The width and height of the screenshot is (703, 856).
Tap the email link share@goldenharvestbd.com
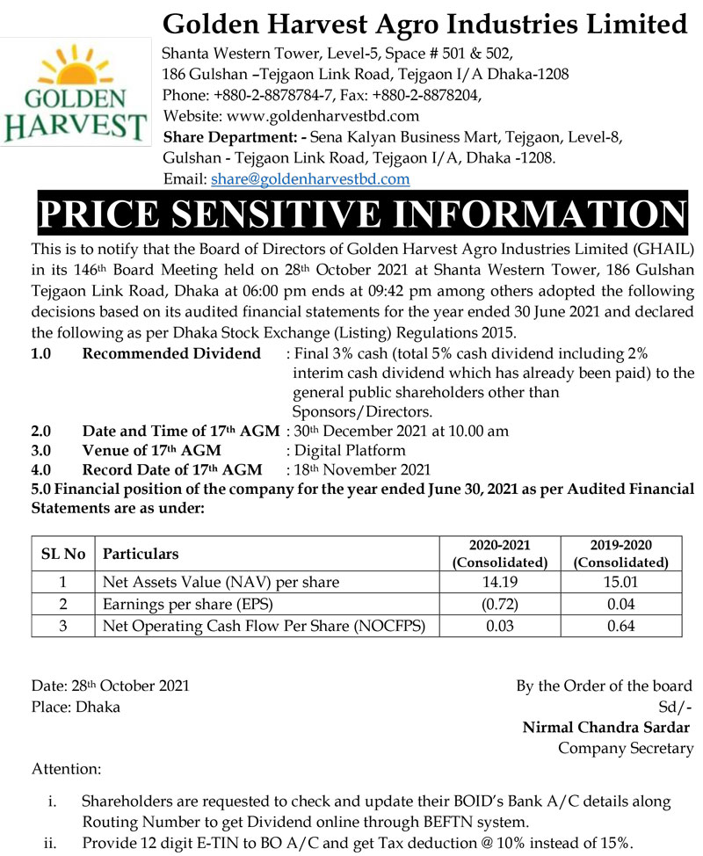pos(310,179)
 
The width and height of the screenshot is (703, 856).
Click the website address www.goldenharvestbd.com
pos(323,115)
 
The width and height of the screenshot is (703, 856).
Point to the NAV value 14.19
pos(499,582)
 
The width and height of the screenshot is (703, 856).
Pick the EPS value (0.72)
pos(499,604)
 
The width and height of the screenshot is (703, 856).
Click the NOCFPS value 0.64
pos(620,626)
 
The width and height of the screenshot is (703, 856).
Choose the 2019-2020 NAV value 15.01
pos(620,582)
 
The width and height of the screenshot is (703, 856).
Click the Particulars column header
pos(141,554)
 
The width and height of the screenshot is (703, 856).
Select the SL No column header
pos(63,554)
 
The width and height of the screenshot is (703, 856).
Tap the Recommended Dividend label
pos(171,353)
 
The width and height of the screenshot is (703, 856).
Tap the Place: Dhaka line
pos(76,707)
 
